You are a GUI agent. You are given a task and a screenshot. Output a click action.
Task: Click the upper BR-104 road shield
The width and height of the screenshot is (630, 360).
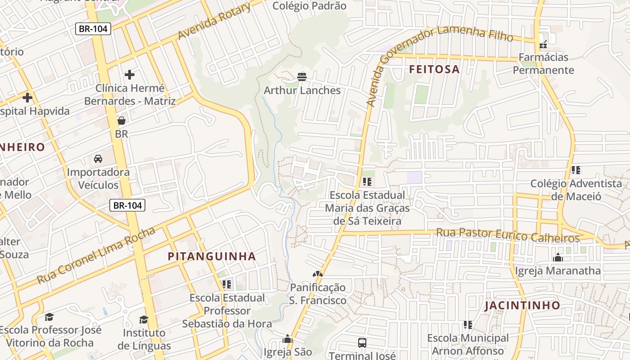93,29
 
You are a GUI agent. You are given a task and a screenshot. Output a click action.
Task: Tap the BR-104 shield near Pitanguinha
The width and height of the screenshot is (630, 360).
128,206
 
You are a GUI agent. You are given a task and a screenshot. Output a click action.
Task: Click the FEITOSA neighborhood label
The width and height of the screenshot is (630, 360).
434,69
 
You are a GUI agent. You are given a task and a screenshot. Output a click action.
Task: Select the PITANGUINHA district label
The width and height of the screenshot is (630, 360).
211,256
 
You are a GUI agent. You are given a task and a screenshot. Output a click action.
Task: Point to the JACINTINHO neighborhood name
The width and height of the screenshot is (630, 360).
522,306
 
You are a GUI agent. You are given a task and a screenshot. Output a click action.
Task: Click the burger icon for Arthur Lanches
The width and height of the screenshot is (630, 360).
302,77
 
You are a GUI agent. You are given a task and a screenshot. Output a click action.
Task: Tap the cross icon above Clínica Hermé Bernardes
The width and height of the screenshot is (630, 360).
130,74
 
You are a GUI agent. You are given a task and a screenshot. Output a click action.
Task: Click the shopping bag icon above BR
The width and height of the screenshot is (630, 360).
121,120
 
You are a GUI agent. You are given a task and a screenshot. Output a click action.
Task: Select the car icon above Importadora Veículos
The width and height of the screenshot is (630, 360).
98,158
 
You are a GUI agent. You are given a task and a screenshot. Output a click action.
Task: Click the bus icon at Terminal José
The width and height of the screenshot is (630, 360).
362,342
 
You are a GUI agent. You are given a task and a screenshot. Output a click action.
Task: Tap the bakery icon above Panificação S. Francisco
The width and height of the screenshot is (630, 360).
318,274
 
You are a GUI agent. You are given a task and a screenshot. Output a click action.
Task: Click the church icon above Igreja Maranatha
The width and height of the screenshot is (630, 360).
558,257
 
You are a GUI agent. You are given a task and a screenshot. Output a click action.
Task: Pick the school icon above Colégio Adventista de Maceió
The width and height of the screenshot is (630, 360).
576,170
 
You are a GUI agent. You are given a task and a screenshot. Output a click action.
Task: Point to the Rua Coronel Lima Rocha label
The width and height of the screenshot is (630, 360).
96,256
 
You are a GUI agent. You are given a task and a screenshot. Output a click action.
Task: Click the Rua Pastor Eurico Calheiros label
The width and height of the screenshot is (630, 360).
508,235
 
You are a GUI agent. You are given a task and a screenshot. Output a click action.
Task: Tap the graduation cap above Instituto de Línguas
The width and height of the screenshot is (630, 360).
144,319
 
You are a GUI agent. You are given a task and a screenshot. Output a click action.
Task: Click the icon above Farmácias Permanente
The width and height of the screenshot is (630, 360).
543,44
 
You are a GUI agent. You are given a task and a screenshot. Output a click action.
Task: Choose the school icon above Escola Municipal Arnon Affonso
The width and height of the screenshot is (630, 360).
468,324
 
